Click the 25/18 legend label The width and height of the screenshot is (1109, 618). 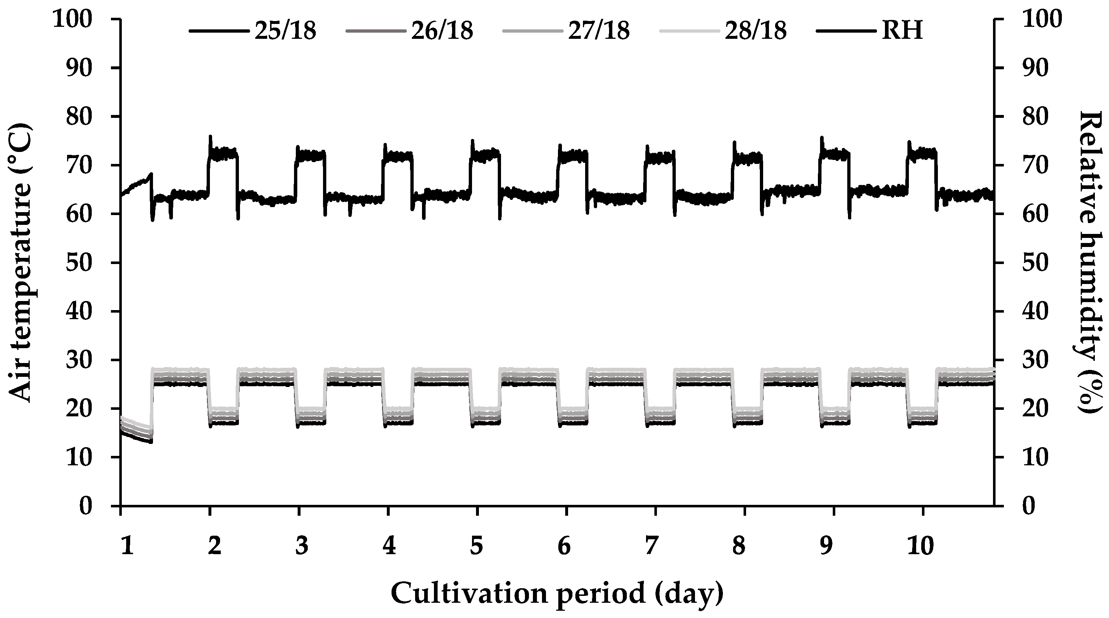coord(285,31)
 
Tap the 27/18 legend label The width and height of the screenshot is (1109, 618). coord(599,31)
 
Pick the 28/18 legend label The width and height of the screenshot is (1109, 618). coord(755,31)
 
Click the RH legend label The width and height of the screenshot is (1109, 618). coord(902,31)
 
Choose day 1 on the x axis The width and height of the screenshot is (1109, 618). coord(126,547)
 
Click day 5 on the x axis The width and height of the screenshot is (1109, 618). coord(476,547)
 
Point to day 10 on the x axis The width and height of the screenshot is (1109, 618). coord(922,547)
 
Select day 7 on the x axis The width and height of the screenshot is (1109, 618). coord(651,547)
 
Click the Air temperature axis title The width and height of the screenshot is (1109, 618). coord(20,263)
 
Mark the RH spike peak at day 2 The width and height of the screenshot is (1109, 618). coord(210,136)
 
